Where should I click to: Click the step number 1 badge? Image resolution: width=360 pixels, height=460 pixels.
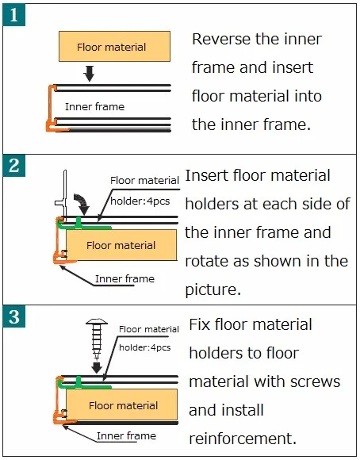click(x=14, y=16)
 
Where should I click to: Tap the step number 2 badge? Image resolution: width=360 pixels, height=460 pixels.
click(x=14, y=166)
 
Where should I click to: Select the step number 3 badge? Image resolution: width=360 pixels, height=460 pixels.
click(x=14, y=316)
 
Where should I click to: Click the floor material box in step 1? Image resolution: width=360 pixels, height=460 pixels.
click(x=114, y=46)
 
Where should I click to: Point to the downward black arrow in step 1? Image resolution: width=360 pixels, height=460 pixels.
click(x=89, y=73)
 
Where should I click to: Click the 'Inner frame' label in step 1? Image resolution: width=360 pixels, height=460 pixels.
click(x=94, y=106)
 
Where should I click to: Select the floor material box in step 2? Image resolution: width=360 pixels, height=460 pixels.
click(x=121, y=245)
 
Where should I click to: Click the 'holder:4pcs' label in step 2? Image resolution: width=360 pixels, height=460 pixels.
click(x=140, y=201)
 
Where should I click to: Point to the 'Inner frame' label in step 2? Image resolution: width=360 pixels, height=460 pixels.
click(x=124, y=278)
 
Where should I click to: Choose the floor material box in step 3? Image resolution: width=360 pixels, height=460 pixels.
click(x=122, y=405)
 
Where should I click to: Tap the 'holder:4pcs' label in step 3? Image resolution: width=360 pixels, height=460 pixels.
click(x=144, y=347)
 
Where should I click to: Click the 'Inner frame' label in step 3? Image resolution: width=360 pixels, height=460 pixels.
click(x=126, y=436)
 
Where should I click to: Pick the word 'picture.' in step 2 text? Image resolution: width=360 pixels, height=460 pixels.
click(x=213, y=290)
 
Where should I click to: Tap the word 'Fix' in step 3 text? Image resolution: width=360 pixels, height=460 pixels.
click(x=200, y=324)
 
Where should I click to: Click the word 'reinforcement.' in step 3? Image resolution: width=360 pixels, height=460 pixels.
click(x=243, y=439)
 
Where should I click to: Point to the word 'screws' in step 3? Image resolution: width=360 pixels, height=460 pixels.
click(x=315, y=382)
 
